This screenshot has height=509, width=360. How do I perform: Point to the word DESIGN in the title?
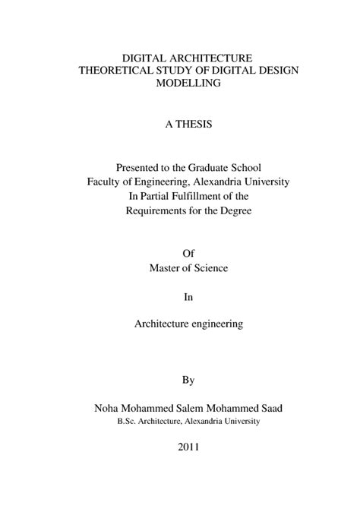pyautogui.click(x=280, y=71)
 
